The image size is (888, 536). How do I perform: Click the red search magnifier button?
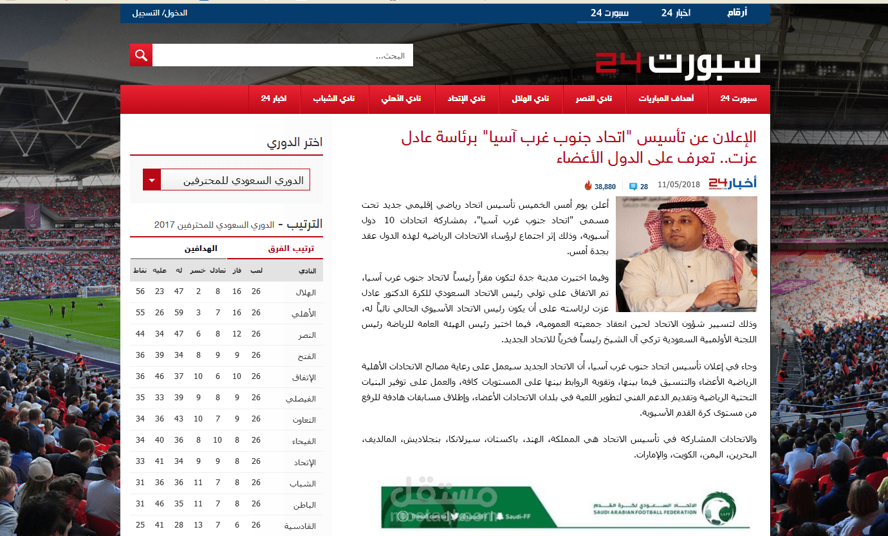[141, 55]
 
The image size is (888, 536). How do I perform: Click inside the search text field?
[283, 55]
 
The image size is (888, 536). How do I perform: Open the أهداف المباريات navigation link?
[666, 98]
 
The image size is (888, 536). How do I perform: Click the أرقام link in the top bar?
[737, 13]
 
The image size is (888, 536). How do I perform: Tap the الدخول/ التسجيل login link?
[160, 13]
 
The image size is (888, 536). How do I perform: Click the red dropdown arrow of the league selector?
[151, 180]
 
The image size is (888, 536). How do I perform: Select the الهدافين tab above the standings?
[201, 248]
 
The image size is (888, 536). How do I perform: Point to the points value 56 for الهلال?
[140, 291]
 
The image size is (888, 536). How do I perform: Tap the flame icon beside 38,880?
[587, 186]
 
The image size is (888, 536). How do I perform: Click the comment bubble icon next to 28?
[633, 187]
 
